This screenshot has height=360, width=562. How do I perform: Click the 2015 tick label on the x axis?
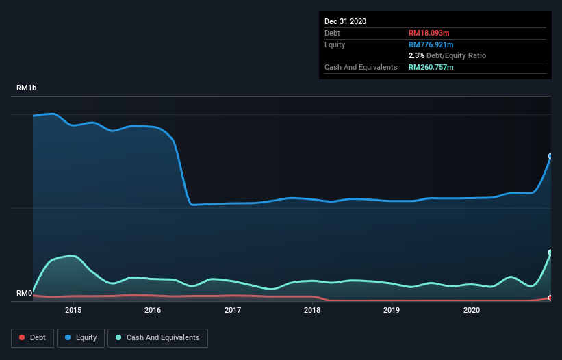pos(73,310)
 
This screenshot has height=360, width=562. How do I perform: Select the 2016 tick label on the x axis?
pos(153,310)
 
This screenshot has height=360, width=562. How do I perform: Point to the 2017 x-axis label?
pos(233,310)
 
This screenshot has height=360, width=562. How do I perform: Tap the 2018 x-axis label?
pos(312,310)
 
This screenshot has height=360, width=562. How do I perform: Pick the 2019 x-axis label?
pos(392,310)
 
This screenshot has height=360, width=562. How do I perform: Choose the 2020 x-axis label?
pos(472,310)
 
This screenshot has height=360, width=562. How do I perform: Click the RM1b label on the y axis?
pos(27,88)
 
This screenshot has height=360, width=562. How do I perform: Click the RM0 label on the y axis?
pos(25,294)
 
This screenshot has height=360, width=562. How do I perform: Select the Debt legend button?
pos(33,337)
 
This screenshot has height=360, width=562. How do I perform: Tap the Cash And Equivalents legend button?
pos(157,337)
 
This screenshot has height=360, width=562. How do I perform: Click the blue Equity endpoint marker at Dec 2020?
pos(550,156)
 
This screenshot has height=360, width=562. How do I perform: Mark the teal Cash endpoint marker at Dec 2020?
pos(550,253)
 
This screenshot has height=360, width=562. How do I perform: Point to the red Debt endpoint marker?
pos(550,298)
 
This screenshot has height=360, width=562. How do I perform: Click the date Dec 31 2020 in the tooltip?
pos(345,21)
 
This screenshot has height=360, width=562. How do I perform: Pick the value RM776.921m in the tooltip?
pos(432,44)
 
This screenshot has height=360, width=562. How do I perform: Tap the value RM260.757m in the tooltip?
pos(432,67)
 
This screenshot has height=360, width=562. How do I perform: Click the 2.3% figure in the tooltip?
pos(416,55)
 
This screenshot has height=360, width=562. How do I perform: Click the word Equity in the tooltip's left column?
pos(335,44)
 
